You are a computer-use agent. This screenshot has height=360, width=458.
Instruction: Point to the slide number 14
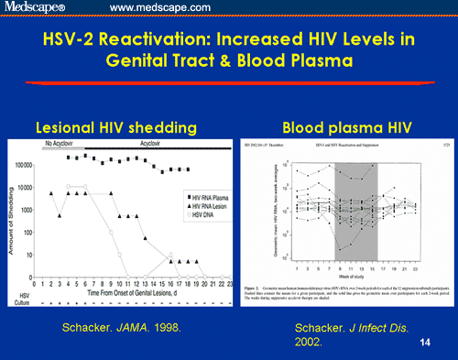point(423,341)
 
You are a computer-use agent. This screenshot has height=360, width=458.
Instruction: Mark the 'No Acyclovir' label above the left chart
point(61,143)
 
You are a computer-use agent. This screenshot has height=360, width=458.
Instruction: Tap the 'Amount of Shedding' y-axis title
point(12,219)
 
